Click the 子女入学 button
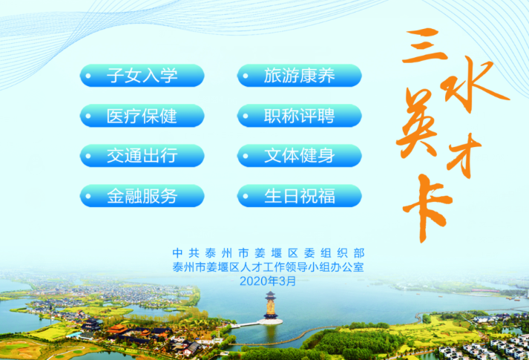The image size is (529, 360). coord(142,75)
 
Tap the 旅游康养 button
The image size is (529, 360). coord(300,75)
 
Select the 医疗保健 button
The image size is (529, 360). coord(142,116)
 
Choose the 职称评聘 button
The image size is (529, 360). coord(300,116)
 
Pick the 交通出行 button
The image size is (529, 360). coord(142,156)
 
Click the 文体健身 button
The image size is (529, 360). coord(300,156)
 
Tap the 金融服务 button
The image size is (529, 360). coord(142,196)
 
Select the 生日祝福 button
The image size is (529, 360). coord(300,196)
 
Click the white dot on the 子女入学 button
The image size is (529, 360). coord(88,76)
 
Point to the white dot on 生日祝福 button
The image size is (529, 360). coord(246,196)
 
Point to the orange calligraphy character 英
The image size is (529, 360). coord(418,123)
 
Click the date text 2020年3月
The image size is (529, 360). coord(268,281)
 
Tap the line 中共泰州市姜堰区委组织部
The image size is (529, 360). coord(269,253)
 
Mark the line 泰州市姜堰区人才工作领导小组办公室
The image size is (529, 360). coord(269,267)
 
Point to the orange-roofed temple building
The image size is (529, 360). coord(116,328)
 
